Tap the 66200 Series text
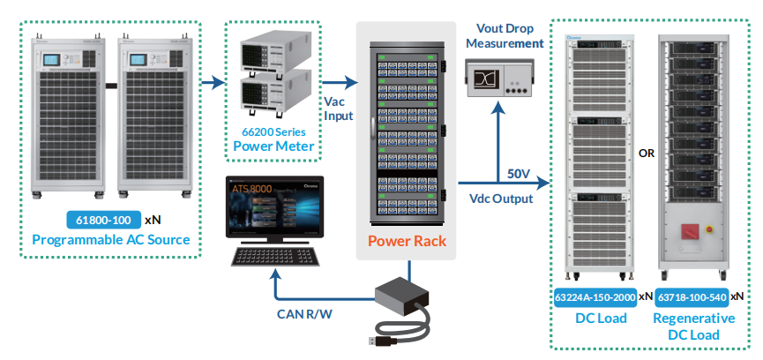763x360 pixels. (x=273, y=131)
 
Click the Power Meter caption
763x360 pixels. (x=273, y=146)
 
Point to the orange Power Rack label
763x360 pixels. (x=408, y=241)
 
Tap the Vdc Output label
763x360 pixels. (x=501, y=199)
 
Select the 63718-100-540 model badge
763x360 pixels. (x=693, y=296)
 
